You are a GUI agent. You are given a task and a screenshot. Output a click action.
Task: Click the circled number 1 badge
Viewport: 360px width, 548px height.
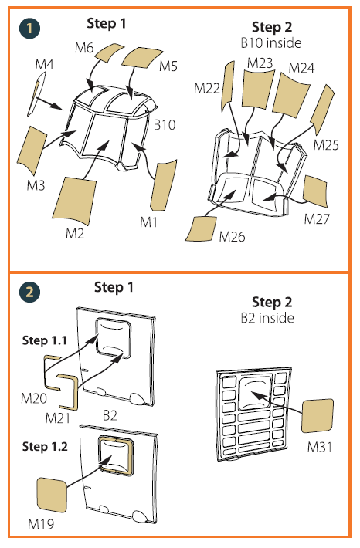pyautogui.click(x=29, y=29)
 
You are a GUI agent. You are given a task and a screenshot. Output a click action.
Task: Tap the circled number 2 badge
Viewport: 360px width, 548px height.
pyautogui.click(x=29, y=293)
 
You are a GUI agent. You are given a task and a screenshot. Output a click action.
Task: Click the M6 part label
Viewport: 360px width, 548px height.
pyautogui.click(x=84, y=48)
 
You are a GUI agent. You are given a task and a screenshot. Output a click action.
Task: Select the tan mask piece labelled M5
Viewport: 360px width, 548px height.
pyautogui.click(x=141, y=57)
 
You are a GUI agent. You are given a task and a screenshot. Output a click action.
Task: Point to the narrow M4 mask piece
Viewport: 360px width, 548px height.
pyautogui.click(x=36, y=93)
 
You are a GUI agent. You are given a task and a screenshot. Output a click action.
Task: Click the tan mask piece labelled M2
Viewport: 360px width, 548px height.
pyautogui.click(x=74, y=200)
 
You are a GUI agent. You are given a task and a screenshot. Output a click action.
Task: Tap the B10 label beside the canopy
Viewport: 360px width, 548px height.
pyautogui.click(x=165, y=124)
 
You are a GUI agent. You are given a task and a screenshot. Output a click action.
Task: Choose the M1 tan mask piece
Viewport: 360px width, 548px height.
pyautogui.click(x=163, y=185)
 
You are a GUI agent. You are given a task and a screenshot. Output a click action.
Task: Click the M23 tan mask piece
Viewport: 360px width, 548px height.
pyautogui.click(x=258, y=89)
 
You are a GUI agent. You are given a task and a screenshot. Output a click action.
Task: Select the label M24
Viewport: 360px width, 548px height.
pyautogui.click(x=301, y=67)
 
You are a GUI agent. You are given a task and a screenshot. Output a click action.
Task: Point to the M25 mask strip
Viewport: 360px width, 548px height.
pyautogui.click(x=322, y=109)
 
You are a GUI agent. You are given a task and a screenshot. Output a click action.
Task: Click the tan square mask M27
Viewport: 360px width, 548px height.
pyautogui.click(x=315, y=189)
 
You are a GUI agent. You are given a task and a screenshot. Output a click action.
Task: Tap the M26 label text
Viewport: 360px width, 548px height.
pyautogui.click(x=232, y=237)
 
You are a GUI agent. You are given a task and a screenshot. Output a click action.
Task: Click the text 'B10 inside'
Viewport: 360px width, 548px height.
pyautogui.click(x=271, y=42)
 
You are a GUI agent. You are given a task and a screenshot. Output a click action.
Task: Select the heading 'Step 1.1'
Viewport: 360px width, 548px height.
pyautogui.click(x=45, y=340)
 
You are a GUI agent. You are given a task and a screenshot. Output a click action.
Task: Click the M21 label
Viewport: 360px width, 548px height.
pyautogui.click(x=58, y=418)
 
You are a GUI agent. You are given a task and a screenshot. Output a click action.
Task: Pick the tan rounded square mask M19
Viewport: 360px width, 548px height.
pyautogui.click(x=52, y=496)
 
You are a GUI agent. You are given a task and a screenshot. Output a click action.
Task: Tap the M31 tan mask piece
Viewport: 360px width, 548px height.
pyautogui.click(x=318, y=416)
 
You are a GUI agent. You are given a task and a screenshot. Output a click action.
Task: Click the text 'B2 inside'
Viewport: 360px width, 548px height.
pyautogui.click(x=267, y=318)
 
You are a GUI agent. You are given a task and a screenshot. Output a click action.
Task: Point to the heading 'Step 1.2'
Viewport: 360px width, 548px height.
pyautogui.click(x=45, y=446)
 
